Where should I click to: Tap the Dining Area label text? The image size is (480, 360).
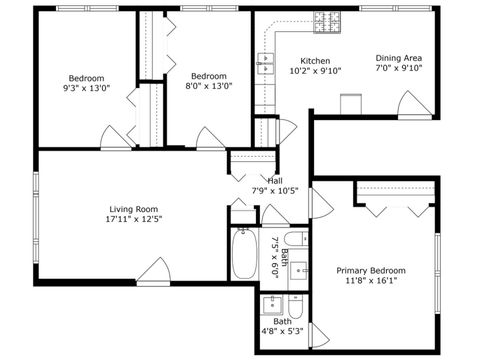(x=399, y=57)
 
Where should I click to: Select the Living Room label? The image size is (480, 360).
(x=134, y=207)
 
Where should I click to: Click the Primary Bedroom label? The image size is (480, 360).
(x=370, y=270)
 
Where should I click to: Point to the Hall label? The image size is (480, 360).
(x=273, y=180)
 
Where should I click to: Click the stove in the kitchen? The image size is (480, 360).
(x=327, y=22)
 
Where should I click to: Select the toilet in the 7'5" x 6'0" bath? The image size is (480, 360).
(x=296, y=240)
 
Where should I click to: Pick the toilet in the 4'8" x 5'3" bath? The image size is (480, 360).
(x=297, y=305)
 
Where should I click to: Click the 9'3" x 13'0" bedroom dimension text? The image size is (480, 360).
(x=86, y=88)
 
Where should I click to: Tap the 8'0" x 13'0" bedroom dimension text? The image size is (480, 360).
(x=209, y=87)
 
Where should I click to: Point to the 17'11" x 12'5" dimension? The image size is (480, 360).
(x=134, y=218)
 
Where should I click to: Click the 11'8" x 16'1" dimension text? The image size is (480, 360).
(x=370, y=282)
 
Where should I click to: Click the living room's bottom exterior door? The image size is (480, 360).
(x=153, y=270)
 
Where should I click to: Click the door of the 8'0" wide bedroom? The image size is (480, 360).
(x=209, y=137)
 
